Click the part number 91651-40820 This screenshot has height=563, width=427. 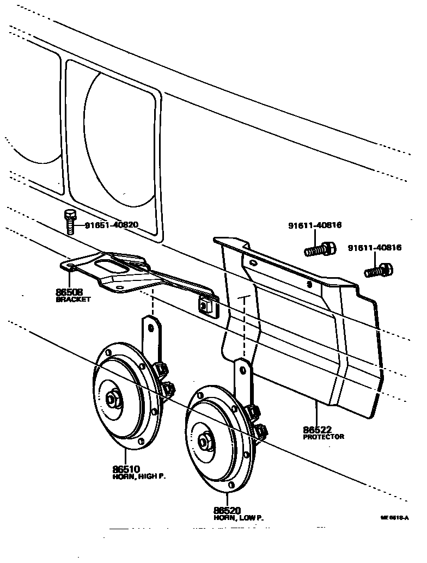point(111,225)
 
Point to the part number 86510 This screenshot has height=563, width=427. point(126,469)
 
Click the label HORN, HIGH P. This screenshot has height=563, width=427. point(139,476)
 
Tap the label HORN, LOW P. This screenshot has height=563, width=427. point(238,518)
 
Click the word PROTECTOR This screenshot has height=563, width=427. point(324,437)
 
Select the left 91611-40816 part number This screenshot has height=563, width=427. point(315,225)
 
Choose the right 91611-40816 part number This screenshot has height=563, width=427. point(375,248)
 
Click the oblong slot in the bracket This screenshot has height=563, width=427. point(109,266)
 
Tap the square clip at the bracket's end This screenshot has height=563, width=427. point(208,307)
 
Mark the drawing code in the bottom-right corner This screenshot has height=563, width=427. point(395,519)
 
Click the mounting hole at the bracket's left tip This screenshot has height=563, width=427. point(70,266)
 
